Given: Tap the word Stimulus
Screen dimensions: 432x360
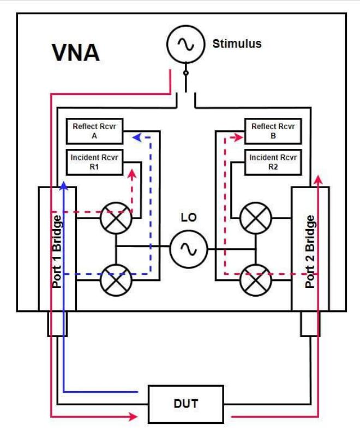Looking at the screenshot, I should point(237,44).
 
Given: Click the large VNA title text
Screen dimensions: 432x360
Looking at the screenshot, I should point(76,53).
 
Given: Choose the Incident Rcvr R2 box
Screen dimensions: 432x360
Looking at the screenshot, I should point(273,162).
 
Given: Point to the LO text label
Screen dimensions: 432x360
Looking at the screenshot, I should point(189,218).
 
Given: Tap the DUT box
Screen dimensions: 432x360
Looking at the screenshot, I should point(186,404).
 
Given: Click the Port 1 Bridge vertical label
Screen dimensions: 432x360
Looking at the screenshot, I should point(57,251).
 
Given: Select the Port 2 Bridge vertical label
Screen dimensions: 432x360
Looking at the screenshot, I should point(310,251).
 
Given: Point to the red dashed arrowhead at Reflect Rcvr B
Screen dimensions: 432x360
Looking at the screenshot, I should point(239,138).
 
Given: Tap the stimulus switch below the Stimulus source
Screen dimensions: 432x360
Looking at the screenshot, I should point(185,82).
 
